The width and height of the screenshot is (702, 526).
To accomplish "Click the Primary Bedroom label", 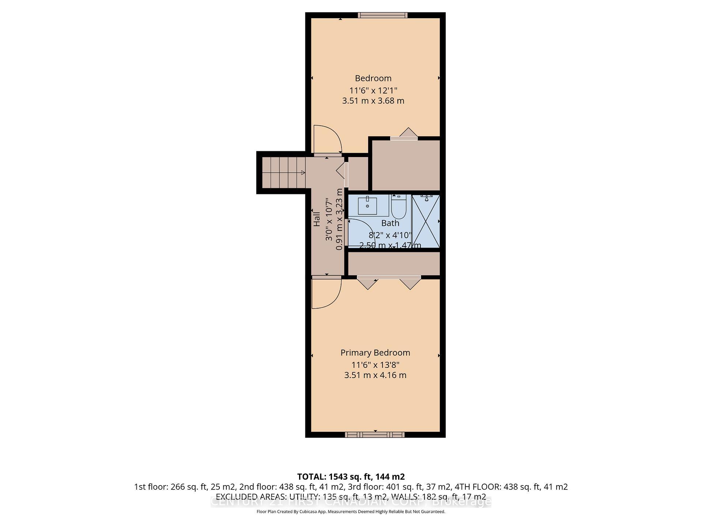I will click(x=375, y=352).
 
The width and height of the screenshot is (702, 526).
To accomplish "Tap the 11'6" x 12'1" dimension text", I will click(x=373, y=90).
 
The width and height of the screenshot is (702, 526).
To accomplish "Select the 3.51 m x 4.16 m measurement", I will click(x=375, y=375).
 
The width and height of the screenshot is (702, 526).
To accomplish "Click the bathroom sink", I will click(x=367, y=206).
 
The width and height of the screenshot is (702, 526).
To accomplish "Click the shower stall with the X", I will click(x=425, y=221).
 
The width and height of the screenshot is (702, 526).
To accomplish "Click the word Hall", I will click(x=317, y=219).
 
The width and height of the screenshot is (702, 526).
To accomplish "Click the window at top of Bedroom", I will click(x=382, y=15).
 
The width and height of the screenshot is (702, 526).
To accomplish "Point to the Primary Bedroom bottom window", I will click(x=375, y=434).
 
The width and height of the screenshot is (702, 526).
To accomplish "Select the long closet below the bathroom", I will click(x=393, y=263).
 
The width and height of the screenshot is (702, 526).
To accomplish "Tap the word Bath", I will click(x=390, y=223).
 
